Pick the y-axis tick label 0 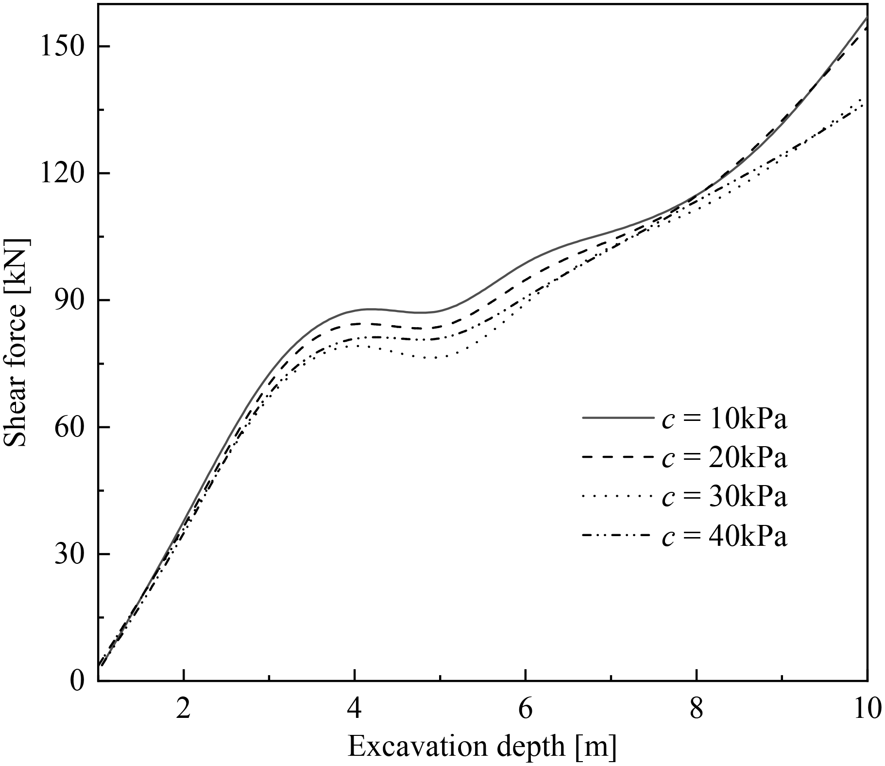pyautogui.click(x=76, y=681)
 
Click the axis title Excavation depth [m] pyautogui.click(x=482, y=747)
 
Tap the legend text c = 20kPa pyautogui.click(x=724, y=458)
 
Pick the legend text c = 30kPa pyautogui.click(x=724, y=497)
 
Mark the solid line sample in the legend pyautogui.click(x=617, y=418)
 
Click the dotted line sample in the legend pyautogui.click(x=617, y=495)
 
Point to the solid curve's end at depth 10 pyautogui.click(x=867, y=18)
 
